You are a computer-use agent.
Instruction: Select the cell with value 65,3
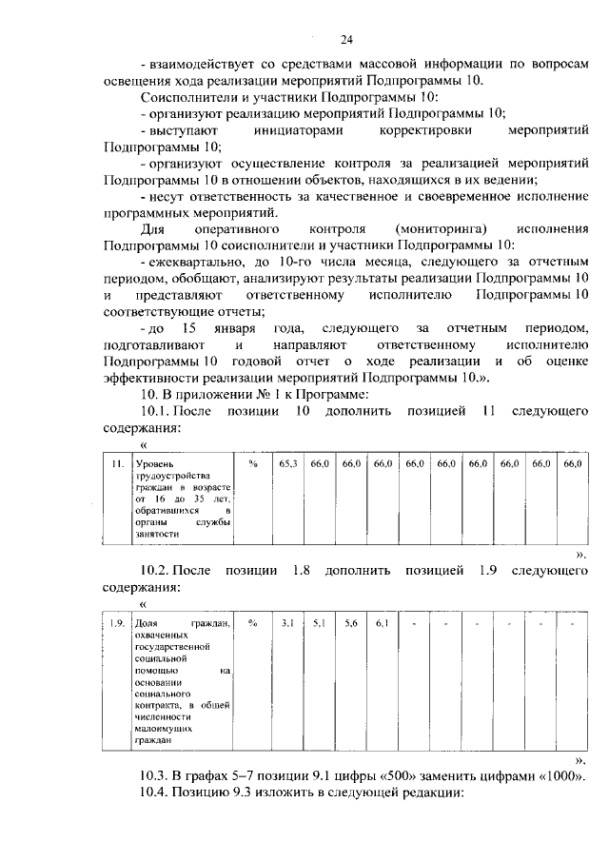(x=288, y=463)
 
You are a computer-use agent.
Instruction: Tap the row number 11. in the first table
(x=116, y=463)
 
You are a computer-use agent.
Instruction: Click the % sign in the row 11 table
(x=253, y=463)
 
